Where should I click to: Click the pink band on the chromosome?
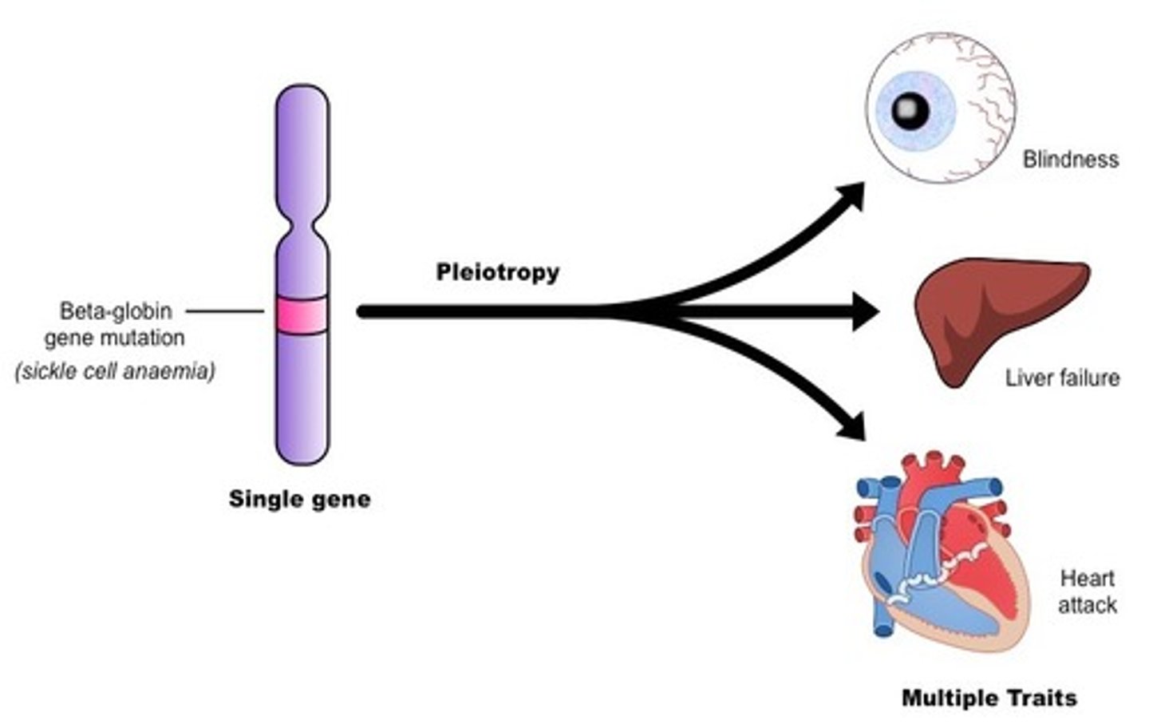coord(302,315)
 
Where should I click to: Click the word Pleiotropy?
coord(497,272)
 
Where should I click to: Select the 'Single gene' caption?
coord(299,500)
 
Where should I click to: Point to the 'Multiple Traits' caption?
coord(989,698)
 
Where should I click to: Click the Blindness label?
coord(1070,160)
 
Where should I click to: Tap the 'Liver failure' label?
coord(1062,378)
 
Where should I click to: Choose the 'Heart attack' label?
coord(1087,591)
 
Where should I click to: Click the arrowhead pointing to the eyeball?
coord(851,196)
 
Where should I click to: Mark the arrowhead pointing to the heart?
coord(851,425)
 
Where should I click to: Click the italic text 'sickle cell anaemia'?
coord(115,371)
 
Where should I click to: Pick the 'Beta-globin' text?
coord(116,310)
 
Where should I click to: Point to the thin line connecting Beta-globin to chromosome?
coord(224,311)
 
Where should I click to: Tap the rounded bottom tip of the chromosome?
coord(302,458)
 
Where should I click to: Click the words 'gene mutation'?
coord(114,338)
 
